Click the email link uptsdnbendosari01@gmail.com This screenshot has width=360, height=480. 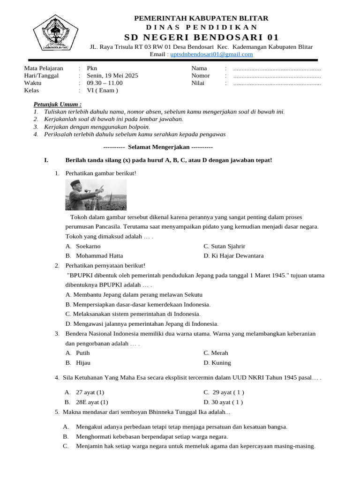pyautogui.click(x=211, y=54)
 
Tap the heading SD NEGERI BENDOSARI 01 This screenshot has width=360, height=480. pyautogui.click(x=201, y=37)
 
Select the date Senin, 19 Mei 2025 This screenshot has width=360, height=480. pyautogui.click(x=112, y=75)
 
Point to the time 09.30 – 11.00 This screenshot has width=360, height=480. pyautogui.click(x=105, y=83)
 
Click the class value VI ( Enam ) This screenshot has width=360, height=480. pyautogui.click(x=102, y=90)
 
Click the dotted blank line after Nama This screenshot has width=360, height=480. pyautogui.click(x=277, y=68)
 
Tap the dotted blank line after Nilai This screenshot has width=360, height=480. pyautogui.click(x=277, y=83)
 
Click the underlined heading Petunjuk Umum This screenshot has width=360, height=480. pyautogui.click(x=58, y=104)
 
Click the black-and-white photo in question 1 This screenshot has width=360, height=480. pyautogui.click(x=89, y=195)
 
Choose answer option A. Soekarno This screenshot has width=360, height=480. pyautogui.click(x=83, y=246)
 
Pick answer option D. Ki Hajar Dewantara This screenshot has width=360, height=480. pyautogui.click(x=233, y=256)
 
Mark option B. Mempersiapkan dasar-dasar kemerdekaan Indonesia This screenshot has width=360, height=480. pyautogui.click(x=138, y=304)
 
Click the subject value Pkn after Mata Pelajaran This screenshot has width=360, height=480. pyautogui.click(x=92, y=68)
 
